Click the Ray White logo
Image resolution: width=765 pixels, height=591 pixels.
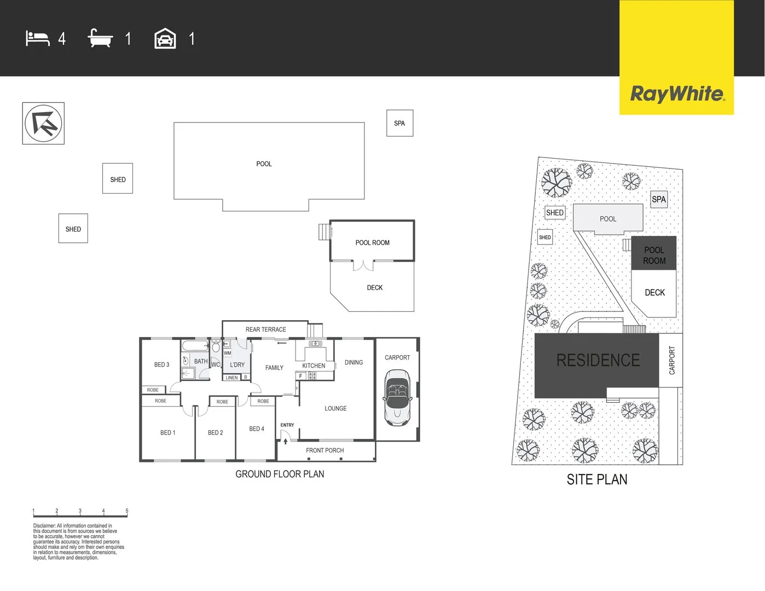point(677,94)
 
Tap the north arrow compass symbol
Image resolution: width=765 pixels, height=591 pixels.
point(43,123)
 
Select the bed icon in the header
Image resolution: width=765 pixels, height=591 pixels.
point(38,39)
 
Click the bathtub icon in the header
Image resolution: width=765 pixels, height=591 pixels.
point(100,38)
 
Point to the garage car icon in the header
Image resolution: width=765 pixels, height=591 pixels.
point(165,39)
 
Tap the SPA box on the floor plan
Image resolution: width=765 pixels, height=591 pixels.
point(399,123)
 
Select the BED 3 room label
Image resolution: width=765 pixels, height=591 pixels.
point(161,364)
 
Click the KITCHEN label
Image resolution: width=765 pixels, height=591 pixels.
point(314,366)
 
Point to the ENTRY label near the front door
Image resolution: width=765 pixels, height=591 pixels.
point(287,425)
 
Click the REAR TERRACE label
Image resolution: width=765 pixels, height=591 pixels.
point(265,329)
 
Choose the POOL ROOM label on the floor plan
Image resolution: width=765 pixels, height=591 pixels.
point(372,242)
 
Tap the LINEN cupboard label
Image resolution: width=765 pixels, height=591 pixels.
point(232,378)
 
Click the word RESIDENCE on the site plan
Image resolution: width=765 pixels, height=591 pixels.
point(598,360)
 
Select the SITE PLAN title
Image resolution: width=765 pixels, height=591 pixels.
point(597,479)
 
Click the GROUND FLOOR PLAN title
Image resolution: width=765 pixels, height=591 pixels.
point(280,474)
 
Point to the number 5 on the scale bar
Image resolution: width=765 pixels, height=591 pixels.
point(127,511)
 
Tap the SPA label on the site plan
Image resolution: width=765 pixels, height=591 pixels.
point(659,199)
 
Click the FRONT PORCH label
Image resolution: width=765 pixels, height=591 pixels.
point(324,450)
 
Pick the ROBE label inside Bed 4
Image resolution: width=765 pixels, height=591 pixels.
point(263,401)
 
